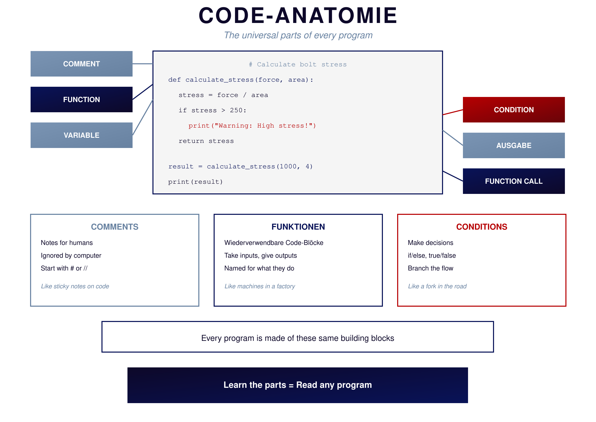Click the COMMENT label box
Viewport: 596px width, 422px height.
tap(82, 64)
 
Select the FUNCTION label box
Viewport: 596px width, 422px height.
tap(82, 100)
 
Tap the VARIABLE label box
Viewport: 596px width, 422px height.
tap(82, 135)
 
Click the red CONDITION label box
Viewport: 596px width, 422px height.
tap(514, 110)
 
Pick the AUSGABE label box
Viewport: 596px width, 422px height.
tap(514, 145)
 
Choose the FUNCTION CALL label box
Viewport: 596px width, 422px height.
tap(514, 181)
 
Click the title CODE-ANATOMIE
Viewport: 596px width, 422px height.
tap(298, 16)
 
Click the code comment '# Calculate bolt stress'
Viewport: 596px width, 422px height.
tap(297, 65)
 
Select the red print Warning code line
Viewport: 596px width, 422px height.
tap(252, 126)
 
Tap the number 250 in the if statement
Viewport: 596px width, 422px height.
tap(236, 110)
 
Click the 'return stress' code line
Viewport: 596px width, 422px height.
tap(206, 141)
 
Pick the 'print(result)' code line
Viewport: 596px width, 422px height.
tap(196, 182)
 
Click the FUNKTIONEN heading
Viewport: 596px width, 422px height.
tap(298, 227)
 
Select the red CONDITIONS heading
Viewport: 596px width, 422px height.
tap(482, 227)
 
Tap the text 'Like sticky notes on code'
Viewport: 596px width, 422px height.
tap(75, 286)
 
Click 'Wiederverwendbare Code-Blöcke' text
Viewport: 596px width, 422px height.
tap(274, 243)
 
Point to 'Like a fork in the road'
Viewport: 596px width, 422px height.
tap(437, 286)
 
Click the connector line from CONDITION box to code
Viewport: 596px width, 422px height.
tap(453, 112)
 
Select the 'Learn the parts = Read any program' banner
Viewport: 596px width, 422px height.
tap(297, 385)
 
